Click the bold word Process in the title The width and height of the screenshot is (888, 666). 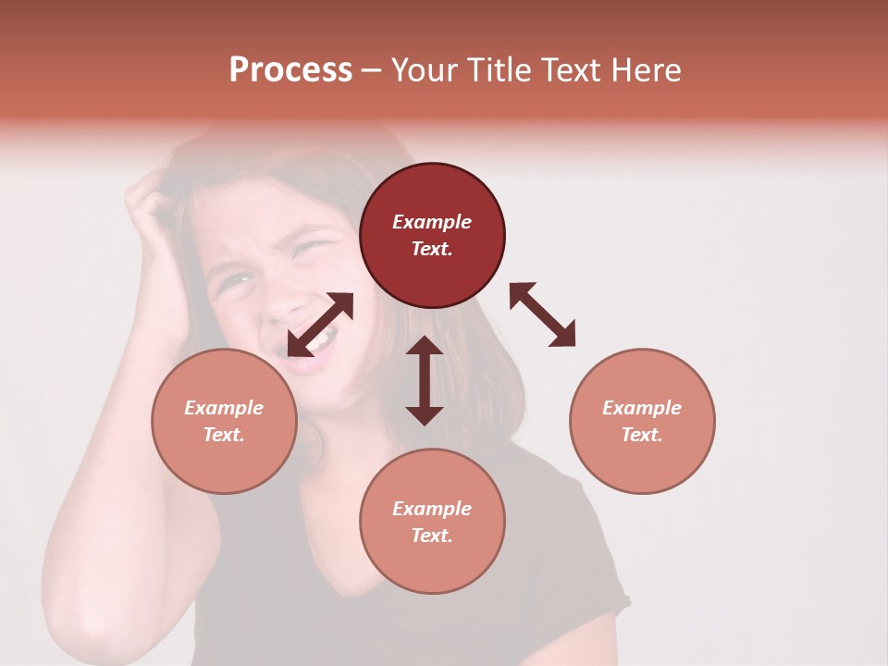(290, 70)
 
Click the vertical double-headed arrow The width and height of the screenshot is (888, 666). (425, 380)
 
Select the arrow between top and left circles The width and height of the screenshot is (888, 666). (320, 325)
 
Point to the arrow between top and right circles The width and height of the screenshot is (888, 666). (542, 314)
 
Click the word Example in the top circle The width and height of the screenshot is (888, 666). (432, 222)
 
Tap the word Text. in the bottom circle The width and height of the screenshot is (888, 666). (432, 536)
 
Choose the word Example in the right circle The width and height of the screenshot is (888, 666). (642, 408)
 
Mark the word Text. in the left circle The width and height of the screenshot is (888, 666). (224, 435)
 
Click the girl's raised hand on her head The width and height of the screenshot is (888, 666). (153, 199)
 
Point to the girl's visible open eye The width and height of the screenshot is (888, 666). (239, 278)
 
